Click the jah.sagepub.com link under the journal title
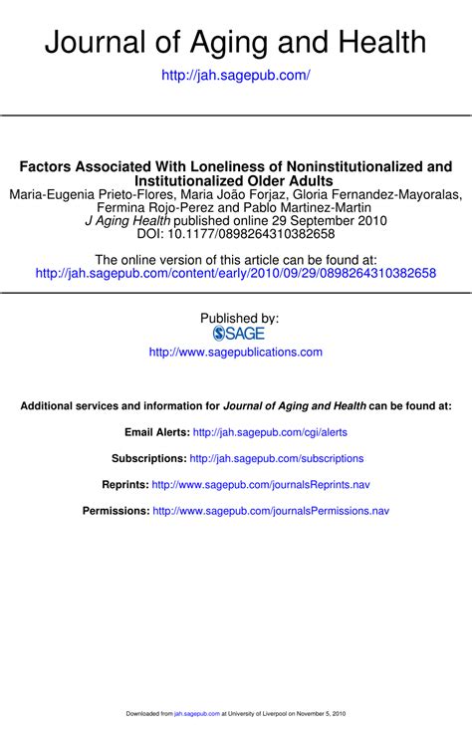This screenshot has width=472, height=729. click(236, 75)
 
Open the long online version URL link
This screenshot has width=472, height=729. click(236, 273)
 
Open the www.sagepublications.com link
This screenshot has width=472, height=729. click(236, 352)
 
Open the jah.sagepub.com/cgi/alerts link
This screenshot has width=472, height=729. click(270, 433)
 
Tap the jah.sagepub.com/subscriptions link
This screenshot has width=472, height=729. click(277, 459)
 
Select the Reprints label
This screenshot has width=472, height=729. click(124, 485)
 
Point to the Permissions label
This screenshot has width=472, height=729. click(116, 511)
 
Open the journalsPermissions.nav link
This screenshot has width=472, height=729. click(271, 511)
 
